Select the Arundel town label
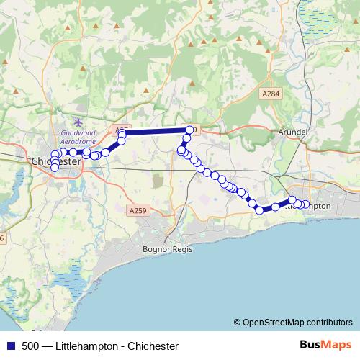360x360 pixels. [x=292, y=133]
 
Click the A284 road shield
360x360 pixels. [x=271, y=94]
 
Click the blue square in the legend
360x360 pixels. [x=10, y=346]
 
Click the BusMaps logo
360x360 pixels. [x=325, y=345]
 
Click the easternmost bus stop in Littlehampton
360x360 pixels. [x=305, y=204]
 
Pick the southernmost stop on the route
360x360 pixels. [x=260, y=210]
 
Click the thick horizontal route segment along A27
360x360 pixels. [x=155, y=131]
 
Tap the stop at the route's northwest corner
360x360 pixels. [x=122, y=133]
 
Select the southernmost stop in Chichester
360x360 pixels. [x=55, y=168]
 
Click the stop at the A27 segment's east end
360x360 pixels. [x=189, y=130]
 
